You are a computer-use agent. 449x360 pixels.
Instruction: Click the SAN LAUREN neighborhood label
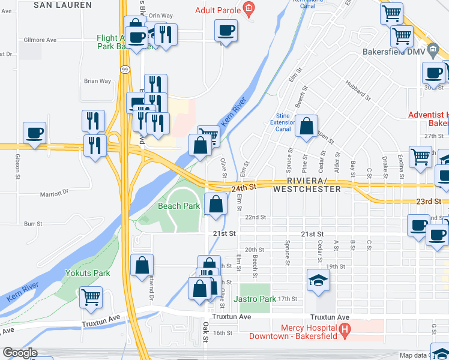(x=63, y=5)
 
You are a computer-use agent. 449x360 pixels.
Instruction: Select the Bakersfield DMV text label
(x=393, y=52)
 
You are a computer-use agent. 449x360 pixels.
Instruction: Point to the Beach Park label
(x=179, y=206)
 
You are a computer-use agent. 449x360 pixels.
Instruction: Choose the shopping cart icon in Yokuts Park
(x=91, y=296)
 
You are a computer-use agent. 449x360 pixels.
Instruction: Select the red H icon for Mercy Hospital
(x=345, y=329)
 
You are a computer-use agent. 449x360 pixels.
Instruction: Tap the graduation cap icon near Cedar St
(x=318, y=280)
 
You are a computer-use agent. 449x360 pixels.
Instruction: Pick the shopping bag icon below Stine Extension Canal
(x=306, y=126)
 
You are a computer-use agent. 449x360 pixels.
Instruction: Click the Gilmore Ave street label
(x=40, y=40)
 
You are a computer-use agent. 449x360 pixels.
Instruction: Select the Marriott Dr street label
(x=56, y=193)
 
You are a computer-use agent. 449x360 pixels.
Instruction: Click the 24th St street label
(x=244, y=187)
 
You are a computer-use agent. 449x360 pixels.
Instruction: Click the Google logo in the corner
(x=20, y=353)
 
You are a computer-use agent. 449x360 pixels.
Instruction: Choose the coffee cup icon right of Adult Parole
(x=226, y=29)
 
